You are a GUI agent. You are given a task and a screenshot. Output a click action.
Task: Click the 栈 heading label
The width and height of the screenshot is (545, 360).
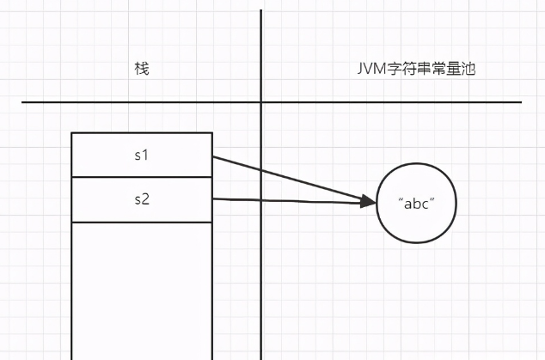[x=142, y=69]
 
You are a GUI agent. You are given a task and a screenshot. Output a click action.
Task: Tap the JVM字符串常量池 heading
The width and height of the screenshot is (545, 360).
[x=415, y=69]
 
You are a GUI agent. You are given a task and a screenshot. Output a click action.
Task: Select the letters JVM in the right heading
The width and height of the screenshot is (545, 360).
[x=369, y=69]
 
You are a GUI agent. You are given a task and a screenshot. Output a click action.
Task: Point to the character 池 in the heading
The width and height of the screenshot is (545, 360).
[x=468, y=69]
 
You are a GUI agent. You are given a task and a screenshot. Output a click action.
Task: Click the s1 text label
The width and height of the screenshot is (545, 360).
[x=142, y=156]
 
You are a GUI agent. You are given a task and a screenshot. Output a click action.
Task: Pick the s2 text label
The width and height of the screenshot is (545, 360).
[x=142, y=199]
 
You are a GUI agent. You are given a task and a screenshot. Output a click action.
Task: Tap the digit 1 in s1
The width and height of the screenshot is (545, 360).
[x=146, y=156]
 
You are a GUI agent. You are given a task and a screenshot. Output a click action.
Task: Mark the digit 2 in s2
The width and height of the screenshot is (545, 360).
[x=146, y=199]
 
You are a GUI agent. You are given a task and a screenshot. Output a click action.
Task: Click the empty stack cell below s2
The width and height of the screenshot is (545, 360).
[x=142, y=284]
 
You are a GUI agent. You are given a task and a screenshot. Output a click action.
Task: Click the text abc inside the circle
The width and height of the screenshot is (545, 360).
[x=416, y=204]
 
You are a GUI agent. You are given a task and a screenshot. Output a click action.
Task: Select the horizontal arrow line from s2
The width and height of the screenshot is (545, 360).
[x=292, y=200]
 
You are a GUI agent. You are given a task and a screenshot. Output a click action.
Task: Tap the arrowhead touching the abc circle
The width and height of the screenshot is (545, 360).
[x=370, y=203]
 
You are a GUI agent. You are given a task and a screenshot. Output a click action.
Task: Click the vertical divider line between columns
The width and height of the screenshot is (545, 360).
[x=260, y=258]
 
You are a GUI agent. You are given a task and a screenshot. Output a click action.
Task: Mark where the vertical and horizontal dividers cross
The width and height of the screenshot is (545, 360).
[x=260, y=102]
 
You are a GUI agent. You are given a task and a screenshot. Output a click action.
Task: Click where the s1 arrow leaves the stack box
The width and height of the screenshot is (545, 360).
[x=212, y=157]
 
